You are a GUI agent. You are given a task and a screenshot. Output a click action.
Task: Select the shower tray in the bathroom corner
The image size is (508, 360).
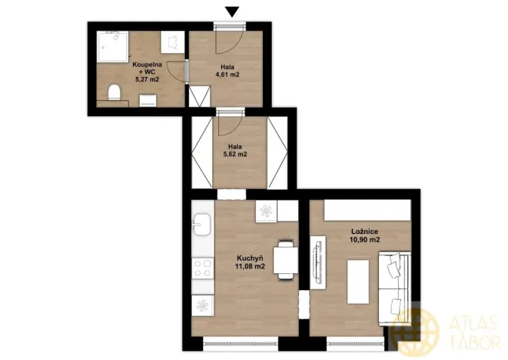tap(115, 47)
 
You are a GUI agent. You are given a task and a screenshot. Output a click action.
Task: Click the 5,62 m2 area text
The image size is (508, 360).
tap(237, 154)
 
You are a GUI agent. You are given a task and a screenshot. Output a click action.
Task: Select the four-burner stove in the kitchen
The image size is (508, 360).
tap(202, 268)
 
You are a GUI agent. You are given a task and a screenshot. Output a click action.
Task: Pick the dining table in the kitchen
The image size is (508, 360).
tap(287, 262)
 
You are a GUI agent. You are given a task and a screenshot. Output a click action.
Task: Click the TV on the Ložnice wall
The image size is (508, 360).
tap(316, 264)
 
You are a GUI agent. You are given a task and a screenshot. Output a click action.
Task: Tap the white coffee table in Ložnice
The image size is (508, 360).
tap(357, 282)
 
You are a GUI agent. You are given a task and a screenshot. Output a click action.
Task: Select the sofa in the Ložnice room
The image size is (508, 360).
tap(395, 283)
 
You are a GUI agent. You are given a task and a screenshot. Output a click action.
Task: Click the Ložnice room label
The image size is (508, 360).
tap(364, 231)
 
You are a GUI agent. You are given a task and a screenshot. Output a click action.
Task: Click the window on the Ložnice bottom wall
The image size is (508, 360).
tap(354, 338)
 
